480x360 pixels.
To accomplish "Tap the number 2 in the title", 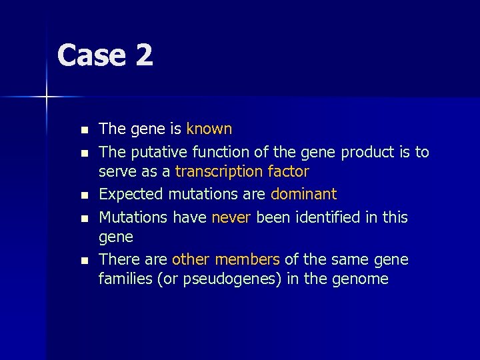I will (x=144, y=55).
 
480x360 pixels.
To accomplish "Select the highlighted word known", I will (x=209, y=129).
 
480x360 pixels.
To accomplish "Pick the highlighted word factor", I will (x=287, y=172).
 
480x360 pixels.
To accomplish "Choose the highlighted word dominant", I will (x=303, y=195).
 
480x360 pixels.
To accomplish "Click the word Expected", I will (x=131, y=195).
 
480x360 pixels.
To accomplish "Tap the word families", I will (x=126, y=279).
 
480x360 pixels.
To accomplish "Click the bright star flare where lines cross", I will (x=47, y=97).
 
